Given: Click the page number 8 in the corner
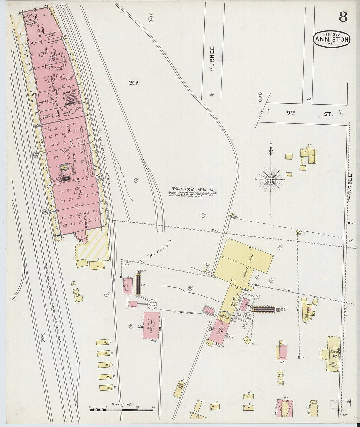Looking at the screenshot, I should click(343, 16).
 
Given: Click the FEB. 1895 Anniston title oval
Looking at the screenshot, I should click(332, 39).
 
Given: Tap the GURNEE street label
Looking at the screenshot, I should click(212, 59).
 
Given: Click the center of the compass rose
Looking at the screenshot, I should click(271, 179).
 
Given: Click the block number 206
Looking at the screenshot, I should click(134, 83).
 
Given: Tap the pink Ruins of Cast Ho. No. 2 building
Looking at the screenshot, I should click(151, 325).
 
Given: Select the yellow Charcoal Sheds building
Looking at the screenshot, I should click(244, 262).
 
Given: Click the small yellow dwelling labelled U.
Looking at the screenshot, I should click(106, 388).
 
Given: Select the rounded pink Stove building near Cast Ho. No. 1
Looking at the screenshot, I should click(208, 311).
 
